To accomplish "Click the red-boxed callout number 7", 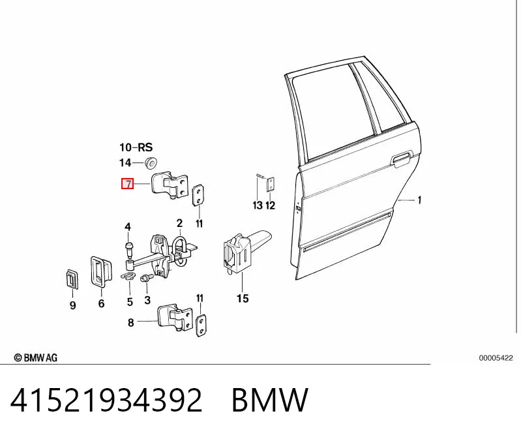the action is (127, 184).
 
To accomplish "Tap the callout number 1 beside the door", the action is (419, 200).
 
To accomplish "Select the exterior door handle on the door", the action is (401, 159).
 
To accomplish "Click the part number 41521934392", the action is (106, 400).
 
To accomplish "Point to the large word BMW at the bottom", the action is (270, 400).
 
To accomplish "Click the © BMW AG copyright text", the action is (36, 357).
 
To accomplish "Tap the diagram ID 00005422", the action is (496, 358).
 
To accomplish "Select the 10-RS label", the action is (136, 147).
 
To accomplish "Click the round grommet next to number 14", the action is (151, 162).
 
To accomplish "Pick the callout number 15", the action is (243, 299).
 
